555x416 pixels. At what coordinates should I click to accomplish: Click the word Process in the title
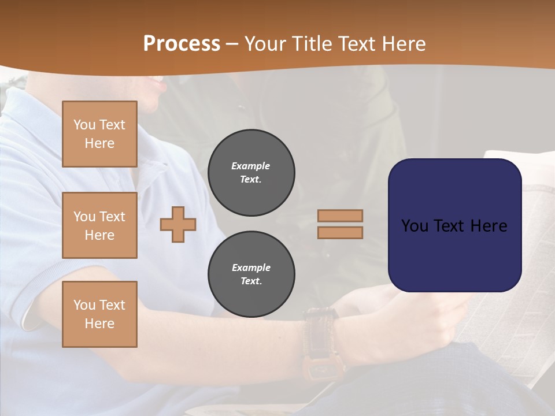pyautogui.click(x=182, y=44)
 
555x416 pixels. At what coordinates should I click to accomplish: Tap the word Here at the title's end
pyautogui.click(x=402, y=44)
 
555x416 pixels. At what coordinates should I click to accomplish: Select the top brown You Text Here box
pyautogui.click(x=99, y=134)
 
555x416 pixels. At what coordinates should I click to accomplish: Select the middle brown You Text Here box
pyautogui.click(x=99, y=225)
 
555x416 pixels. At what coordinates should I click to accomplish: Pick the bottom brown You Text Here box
pyautogui.click(x=99, y=314)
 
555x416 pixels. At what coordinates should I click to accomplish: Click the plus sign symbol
pyautogui.click(x=178, y=225)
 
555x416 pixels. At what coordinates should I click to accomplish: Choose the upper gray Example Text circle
pyautogui.click(x=251, y=173)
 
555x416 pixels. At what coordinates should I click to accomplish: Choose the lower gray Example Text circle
pyautogui.click(x=251, y=274)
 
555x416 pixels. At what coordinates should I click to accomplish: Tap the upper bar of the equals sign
pyautogui.click(x=341, y=216)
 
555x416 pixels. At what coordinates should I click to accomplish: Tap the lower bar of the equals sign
pyautogui.click(x=341, y=233)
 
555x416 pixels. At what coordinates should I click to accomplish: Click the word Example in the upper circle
pyautogui.click(x=251, y=166)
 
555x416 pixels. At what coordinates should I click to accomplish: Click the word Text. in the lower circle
pyautogui.click(x=251, y=281)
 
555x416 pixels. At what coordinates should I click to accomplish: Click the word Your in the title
pyautogui.click(x=265, y=44)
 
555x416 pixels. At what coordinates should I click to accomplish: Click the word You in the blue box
pyautogui.click(x=415, y=226)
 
